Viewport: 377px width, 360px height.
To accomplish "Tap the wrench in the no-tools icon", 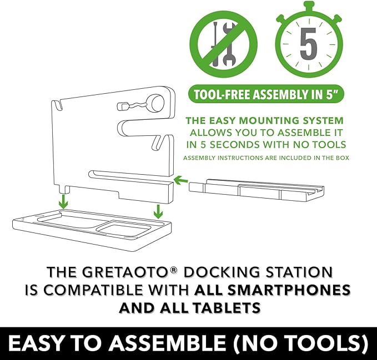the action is click(229, 44).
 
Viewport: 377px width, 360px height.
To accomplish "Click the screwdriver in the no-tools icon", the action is click(215, 44).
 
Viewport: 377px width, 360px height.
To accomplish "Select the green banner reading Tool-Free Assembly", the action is click(266, 94).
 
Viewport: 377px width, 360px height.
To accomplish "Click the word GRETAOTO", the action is click(125, 272).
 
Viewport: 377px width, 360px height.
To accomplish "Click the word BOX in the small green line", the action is click(343, 158).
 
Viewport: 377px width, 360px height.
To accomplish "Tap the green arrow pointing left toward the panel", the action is click(181, 180).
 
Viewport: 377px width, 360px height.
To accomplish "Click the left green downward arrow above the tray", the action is click(63, 201).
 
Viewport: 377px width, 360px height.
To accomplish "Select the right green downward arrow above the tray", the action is click(158, 211).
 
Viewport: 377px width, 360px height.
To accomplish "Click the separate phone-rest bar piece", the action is click(257, 190).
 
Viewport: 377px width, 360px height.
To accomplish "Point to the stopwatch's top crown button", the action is click(309, 6).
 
